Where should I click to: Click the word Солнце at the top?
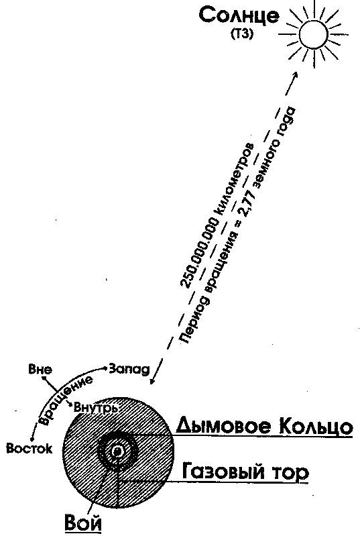[239, 16]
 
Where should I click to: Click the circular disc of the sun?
[313, 35]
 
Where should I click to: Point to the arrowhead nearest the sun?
[296, 75]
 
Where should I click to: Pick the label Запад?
[129, 369]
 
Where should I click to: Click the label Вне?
[40, 369]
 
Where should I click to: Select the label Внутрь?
[96, 407]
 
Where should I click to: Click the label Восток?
[29, 449]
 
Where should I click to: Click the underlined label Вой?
[83, 523]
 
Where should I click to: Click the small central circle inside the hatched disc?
[117, 451]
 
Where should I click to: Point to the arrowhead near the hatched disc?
[152, 380]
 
